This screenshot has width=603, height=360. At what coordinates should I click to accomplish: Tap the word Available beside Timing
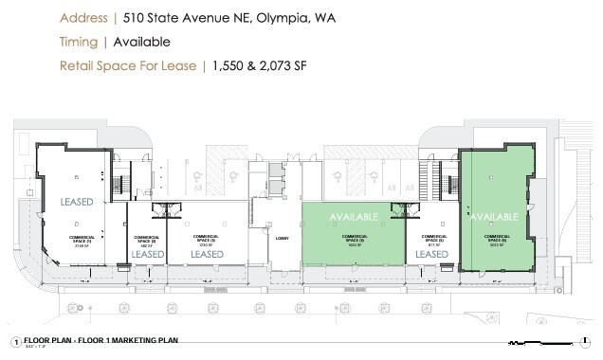pos(141,42)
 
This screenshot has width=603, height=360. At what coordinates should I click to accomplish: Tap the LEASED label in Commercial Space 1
pos(78,202)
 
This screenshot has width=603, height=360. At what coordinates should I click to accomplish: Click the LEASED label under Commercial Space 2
pos(147,254)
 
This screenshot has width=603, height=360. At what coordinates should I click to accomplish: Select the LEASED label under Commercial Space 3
pos(207,254)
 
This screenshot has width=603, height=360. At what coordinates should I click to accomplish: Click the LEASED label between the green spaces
pos(431,254)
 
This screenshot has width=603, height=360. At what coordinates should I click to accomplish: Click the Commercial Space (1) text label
pos(82,240)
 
